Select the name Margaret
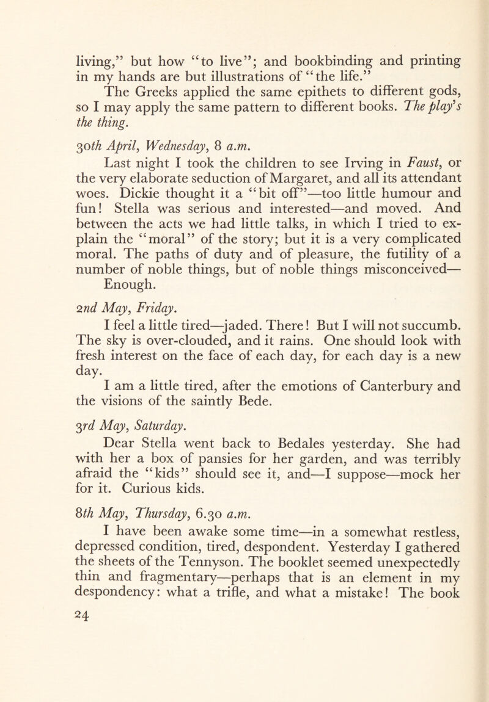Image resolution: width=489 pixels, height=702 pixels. point(277,179)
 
